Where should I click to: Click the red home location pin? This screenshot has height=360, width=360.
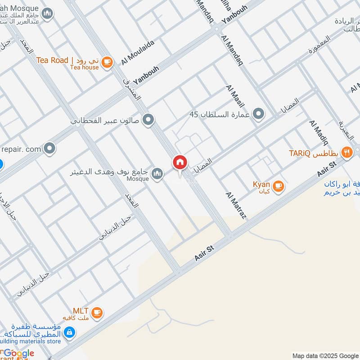[180, 163]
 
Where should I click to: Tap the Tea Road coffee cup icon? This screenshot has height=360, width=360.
[107, 62]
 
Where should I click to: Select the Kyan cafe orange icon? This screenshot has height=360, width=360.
[278, 185]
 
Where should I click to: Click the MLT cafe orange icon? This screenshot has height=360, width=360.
[96, 312]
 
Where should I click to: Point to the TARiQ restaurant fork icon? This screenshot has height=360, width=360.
[346, 152]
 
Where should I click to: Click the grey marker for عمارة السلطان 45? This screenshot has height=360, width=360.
[258, 114]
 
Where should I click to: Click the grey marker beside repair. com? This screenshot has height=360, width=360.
[49, 148]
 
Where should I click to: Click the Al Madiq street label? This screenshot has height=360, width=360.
[318, 134]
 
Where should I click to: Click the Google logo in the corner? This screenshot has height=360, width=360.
[19, 354]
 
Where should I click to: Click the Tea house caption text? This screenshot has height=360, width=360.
[84, 67]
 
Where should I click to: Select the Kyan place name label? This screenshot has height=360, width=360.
[261, 184]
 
